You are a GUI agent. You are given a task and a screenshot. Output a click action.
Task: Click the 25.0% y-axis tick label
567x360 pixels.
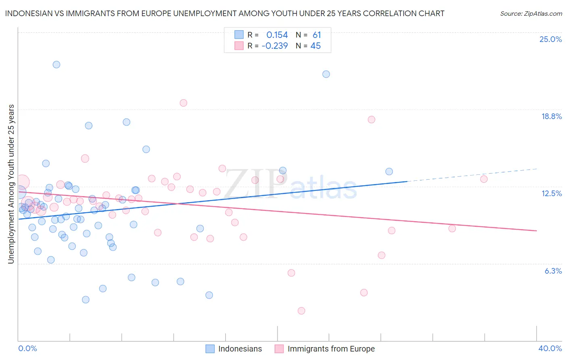click(550, 39)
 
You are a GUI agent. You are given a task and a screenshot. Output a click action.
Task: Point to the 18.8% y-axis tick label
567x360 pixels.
click(551, 116)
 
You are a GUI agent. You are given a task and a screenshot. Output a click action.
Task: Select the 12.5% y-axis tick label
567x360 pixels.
click(551, 193)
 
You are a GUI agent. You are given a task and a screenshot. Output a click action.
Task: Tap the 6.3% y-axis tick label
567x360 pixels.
click(553, 271)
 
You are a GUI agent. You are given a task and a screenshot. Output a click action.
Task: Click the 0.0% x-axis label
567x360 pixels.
click(27, 348)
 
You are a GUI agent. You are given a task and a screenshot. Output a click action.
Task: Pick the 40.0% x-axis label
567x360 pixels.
click(550, 348)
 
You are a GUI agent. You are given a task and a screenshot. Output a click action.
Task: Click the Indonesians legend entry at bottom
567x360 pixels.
click(240, 349)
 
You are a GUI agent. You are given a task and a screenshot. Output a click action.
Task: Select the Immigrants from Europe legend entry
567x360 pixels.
click(331, 349)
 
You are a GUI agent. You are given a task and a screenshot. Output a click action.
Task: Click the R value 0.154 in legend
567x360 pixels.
click(277, 35)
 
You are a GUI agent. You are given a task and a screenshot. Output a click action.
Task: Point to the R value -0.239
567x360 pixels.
click(275, 46)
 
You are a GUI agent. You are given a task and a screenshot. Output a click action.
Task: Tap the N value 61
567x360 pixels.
click(317, 35)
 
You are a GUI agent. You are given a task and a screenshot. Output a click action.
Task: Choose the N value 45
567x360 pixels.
click(315, 46)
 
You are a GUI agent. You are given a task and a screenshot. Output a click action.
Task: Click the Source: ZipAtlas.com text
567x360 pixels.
click(531, 13)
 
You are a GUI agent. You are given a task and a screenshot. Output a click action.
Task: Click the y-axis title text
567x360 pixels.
click(11, 184)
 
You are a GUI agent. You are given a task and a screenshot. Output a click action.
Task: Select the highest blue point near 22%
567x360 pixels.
click(56, 65)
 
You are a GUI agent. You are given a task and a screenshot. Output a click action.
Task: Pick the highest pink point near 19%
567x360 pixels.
click(183, 103)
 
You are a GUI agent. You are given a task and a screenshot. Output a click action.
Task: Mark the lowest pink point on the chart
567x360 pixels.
click(301, 311)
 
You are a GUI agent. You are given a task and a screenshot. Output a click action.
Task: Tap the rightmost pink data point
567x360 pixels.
click(484, 179)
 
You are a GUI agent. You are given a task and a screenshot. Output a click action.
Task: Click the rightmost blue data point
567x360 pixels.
click(389, 172)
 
